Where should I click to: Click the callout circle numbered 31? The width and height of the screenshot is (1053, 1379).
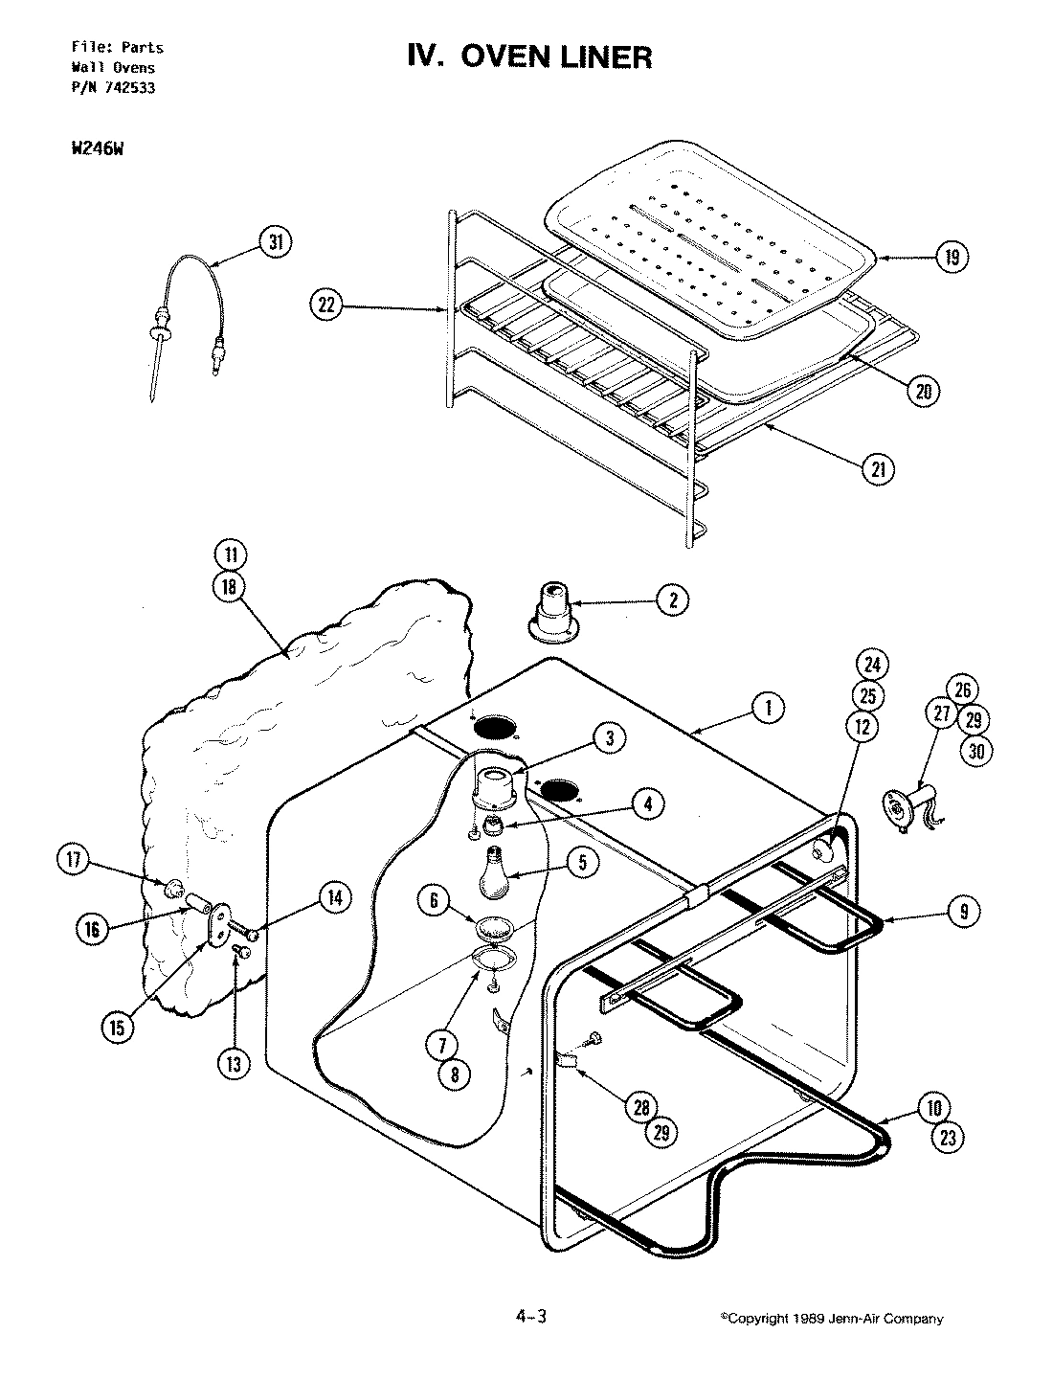click(x=276, y=243)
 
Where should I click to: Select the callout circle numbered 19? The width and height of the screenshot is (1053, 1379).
click(x=952, y=257)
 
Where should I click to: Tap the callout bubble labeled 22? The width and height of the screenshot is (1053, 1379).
click(x=326, y=305)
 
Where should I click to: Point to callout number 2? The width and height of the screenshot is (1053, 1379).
click(x=673, y=600)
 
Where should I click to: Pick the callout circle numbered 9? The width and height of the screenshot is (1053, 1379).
click(x=964, y=912)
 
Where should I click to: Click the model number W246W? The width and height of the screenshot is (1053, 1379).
click(x=99, y=150)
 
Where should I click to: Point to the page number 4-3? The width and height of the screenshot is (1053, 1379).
click(x=528, y=1318)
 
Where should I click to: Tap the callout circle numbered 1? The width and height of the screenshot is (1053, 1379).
click(x=766, y=709)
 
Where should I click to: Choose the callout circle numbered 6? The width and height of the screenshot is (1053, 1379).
click(x=435, y=900)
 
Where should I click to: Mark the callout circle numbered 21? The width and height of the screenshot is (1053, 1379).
click(x=879, y=469)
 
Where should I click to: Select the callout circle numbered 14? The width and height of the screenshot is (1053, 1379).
click(x=333, y=897)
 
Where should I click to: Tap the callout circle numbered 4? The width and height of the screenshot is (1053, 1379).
click(x=648, y=803)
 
